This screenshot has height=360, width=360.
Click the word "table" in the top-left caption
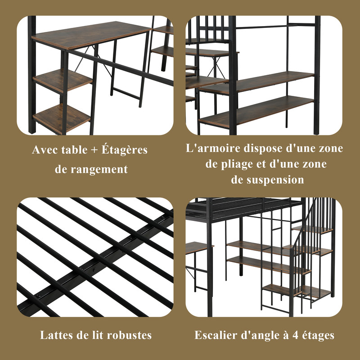(74, 150)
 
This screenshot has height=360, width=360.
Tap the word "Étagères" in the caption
(125, 149)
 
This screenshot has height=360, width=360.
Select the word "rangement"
(99, 170)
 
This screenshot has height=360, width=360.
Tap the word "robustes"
(129, 335)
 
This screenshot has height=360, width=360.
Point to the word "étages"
(318, 336)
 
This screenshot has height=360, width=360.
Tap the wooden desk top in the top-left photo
(91, 35)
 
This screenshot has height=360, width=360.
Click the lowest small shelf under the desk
(62, 118)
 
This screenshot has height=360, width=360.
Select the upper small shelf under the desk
(63, 81)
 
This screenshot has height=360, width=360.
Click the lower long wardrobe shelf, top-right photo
(256, 111)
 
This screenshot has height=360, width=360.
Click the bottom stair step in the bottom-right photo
(282, 290)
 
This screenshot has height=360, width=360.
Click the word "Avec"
(45, 150)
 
